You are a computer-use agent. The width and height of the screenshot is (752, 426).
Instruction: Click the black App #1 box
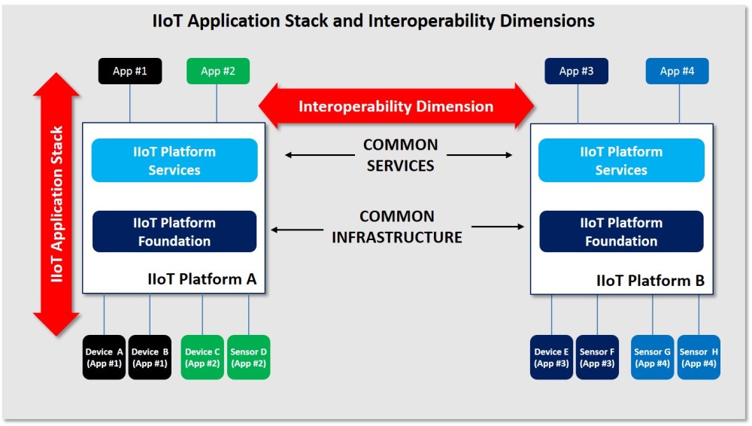point(130,72)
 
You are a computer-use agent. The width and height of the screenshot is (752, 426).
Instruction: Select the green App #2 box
point(218,72)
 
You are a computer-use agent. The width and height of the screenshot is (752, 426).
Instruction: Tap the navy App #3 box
point(577,72)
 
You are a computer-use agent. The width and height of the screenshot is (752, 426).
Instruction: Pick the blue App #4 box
point(677,72)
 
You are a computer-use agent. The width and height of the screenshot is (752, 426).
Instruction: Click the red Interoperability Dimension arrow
point(396,106)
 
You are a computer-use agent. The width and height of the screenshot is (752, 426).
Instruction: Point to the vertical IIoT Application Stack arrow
point(56,204)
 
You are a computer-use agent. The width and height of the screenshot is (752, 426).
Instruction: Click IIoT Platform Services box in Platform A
point(174,160)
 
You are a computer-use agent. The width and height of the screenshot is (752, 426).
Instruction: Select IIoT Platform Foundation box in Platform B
point(621,232)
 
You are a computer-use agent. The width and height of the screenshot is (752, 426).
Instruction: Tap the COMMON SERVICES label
point(400,155)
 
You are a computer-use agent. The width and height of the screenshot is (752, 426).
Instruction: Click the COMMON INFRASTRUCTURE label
point(397,227)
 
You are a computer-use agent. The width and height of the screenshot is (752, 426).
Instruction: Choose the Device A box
point(104,358)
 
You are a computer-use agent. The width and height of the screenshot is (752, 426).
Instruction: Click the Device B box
point(150,358)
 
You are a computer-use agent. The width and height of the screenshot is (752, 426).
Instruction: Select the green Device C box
point(202,358)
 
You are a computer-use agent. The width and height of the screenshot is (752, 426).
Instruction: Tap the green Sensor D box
point(248,358)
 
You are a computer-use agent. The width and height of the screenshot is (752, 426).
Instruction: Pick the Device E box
point(552,358)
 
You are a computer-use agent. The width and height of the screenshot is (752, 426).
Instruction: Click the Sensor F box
point(597,358)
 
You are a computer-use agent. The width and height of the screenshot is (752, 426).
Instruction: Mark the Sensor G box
point(652,358)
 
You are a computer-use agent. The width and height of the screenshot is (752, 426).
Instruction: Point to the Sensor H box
point(699,358)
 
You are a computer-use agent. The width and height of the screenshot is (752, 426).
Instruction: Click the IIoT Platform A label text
point(202,280)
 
